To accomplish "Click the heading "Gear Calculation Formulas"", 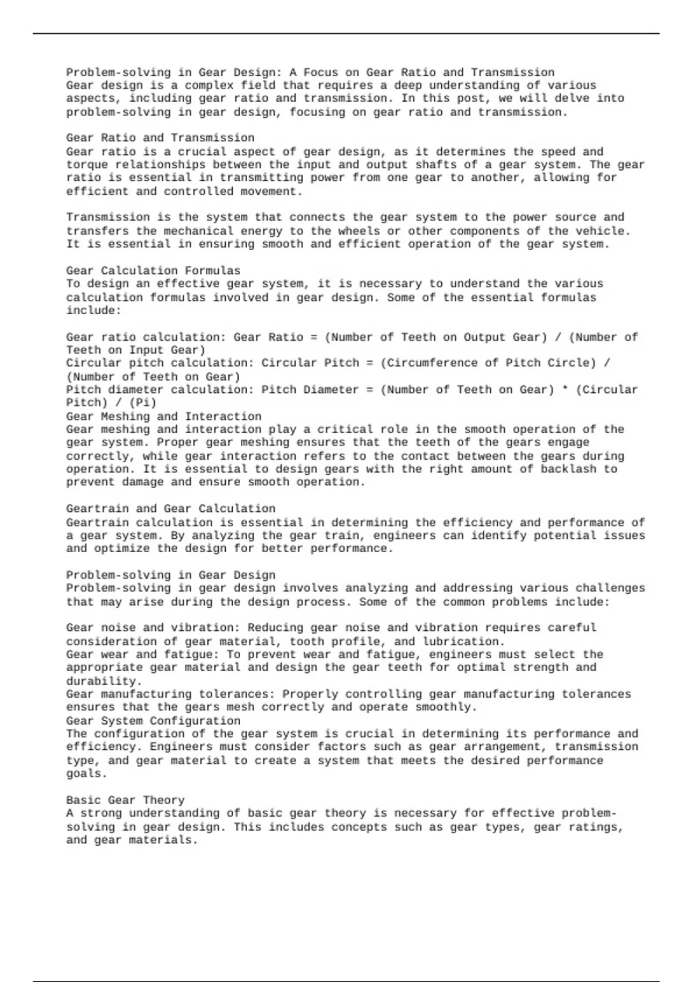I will pyautogui.click(x=153, y=270).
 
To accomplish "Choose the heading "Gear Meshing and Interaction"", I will pyautogui.click(x=163, y=416).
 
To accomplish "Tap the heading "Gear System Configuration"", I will pyautogui.click(x=153, y=721).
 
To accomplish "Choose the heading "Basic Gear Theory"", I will pyautogui.click(x=125, y=800).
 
